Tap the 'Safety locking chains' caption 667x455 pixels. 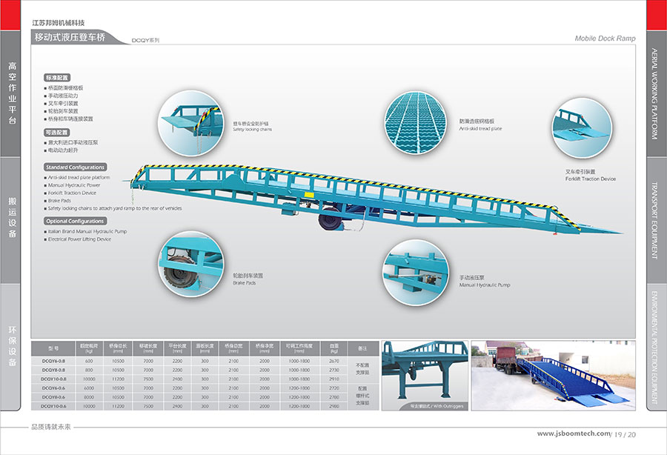[x=252, y=129]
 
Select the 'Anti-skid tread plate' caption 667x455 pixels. [x=480, y=129]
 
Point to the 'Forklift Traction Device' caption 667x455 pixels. [x=590, y=179]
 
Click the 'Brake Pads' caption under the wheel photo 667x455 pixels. [x=244, y=282]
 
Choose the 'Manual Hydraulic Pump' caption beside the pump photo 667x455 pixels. [x=484, y=285]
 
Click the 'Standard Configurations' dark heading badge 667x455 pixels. [x=75, y=167]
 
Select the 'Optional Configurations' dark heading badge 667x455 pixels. [x=75, y=221]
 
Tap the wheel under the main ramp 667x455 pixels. [x=328, y=221]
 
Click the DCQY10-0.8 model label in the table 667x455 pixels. [x=53, y=379]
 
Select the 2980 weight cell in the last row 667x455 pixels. [x=334, y=406]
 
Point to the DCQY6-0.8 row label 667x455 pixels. [x=53, y=360]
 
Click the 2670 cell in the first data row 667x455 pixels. [x=334, y=360]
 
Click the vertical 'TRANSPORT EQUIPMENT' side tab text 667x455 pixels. [x=654, y=220]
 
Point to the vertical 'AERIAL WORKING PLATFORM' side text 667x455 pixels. [x=654, y=94]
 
